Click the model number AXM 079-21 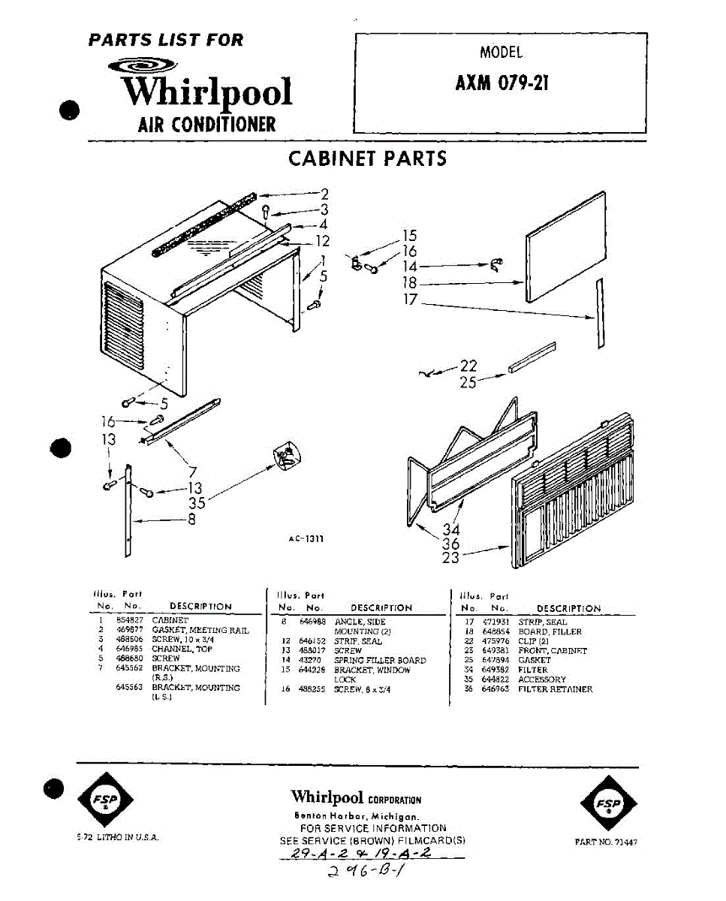tap(502, 82)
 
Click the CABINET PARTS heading tap(367, 158)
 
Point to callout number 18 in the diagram tap(408, 283)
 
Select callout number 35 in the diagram tap(197, 503)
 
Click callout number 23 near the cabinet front tap(450, 558)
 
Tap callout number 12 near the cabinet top tap(322, 241)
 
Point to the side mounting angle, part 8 tap(128, 511)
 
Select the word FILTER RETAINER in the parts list tap(555, 689)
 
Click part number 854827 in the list tap(125, 621)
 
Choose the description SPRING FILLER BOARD tap(380, 660)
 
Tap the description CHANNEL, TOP tap(182, 649)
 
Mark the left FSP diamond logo tap(105, 803)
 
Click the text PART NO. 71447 tap(605, 842)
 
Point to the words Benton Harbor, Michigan tap(355, 817)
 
